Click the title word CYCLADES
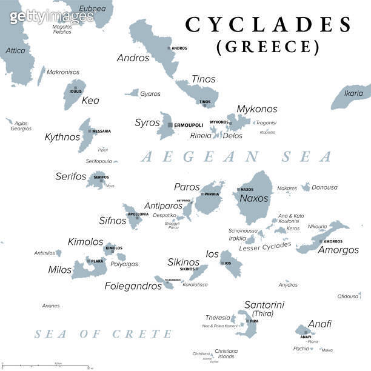pyautogui.click(x=268, y=25)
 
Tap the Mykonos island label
pyautogui.click(x=256, y=109)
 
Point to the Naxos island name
pyautogui.click(x=253, y=198)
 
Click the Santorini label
pyautogui.click(x=264, y=305)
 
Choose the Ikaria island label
pyautogui.click(x=353, y=93)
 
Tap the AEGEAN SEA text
pyautogui.click(x=236, y=156)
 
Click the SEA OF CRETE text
pyautogui.click(x=103, y=334)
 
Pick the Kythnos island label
pyautogui.click(x=62, y=137)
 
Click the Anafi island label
pyautogui.click(x=319, y=324)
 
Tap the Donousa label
pyautogui.click(x=324, y=187)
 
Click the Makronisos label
pyautogui.click(x=63, y=72)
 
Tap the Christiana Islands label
pyautogui.click(x=226, y=353)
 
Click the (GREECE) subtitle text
pyautogui.click(x=268, y=47)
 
